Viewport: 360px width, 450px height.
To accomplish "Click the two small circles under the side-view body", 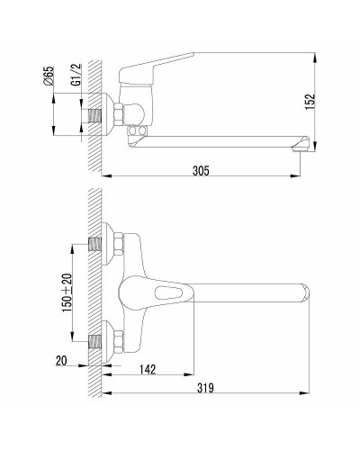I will click(x=138, y=132).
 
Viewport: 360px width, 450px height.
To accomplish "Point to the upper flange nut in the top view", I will click(x=117, y=245).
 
